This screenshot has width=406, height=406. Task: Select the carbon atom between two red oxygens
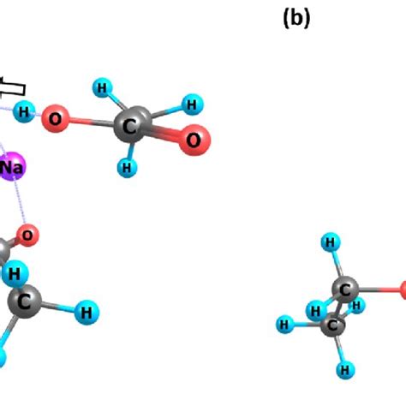[x=133, y=122]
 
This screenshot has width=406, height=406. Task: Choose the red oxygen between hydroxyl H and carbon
[x=56, y=118]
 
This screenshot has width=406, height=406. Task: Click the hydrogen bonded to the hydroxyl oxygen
[x=26, y=110]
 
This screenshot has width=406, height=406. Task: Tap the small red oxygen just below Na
[x=28, y=234]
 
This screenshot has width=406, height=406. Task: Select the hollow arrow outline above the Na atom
[x=12, y=86]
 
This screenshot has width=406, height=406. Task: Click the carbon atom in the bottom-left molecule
[x=25, y=301]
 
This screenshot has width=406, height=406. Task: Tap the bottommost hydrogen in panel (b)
[x=344, y=370]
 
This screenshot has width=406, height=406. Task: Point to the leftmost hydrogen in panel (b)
[x=284, y=323]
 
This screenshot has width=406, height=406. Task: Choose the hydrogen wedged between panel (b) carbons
[x=317, y=310]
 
